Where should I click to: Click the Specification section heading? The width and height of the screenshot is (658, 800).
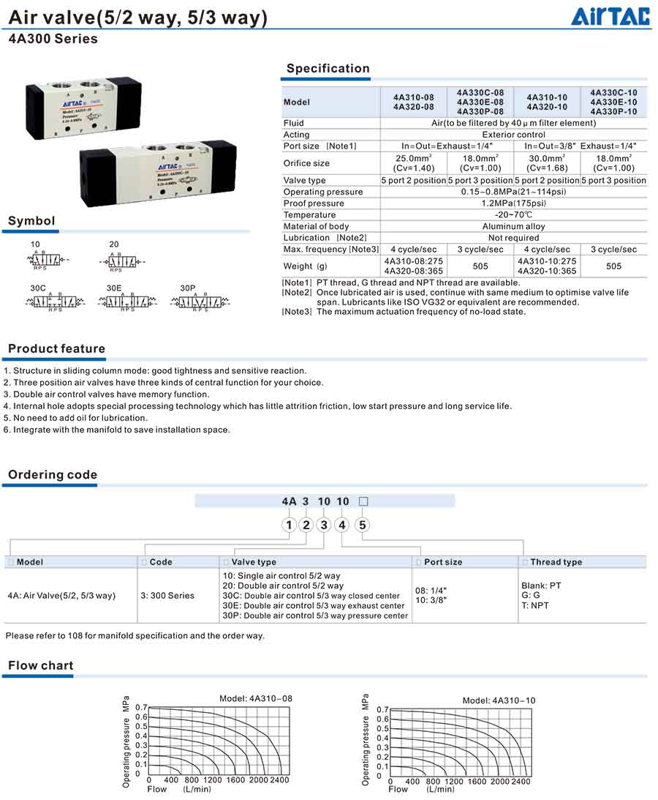[328, 69]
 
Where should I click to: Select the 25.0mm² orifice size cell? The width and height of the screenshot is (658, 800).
[413, 162]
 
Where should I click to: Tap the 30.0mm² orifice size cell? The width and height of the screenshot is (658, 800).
[547, 162]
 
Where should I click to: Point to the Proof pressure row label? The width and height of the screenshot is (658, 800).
[314, 203]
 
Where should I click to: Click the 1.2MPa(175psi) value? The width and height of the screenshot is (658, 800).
[513, 203]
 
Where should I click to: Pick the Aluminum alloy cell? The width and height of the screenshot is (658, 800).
[513, 226]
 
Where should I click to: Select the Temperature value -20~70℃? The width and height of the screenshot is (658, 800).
[513, 215]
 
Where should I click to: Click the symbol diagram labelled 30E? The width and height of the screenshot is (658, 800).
[127, 301]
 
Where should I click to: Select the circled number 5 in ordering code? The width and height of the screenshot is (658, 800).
[363, 525]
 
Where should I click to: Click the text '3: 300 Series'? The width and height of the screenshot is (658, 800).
[167, 596]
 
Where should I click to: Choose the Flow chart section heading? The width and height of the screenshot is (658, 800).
[41, 665]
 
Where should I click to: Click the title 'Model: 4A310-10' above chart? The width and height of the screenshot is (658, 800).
[499, 700]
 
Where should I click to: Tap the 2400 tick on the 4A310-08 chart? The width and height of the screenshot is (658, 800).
[279, 780]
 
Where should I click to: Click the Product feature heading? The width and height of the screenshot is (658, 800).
[56, 349]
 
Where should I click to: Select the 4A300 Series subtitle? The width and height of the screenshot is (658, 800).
[53, 40]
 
